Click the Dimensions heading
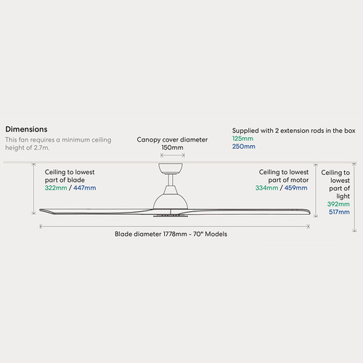coord(26,129)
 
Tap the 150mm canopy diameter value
coord(172,147)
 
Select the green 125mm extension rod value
coord(242,139)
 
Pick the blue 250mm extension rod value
coord(244,147)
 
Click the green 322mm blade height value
coord(56,188)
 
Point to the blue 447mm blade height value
coord(85,188)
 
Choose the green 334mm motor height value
coord(266,188)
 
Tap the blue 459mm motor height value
coord(295,188)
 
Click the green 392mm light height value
coord(338,204)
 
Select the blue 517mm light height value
coord(339,212)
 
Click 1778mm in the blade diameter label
coord(175,234)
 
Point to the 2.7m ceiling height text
coord(41,147)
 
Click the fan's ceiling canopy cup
coord(171,168)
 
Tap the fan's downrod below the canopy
coord(171,179)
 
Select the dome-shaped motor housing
coord(171,198)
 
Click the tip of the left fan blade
coord(40,210)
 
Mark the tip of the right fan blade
coord(310,211)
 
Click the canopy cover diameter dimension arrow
coord(173,155)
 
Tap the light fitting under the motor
coord(171,215)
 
